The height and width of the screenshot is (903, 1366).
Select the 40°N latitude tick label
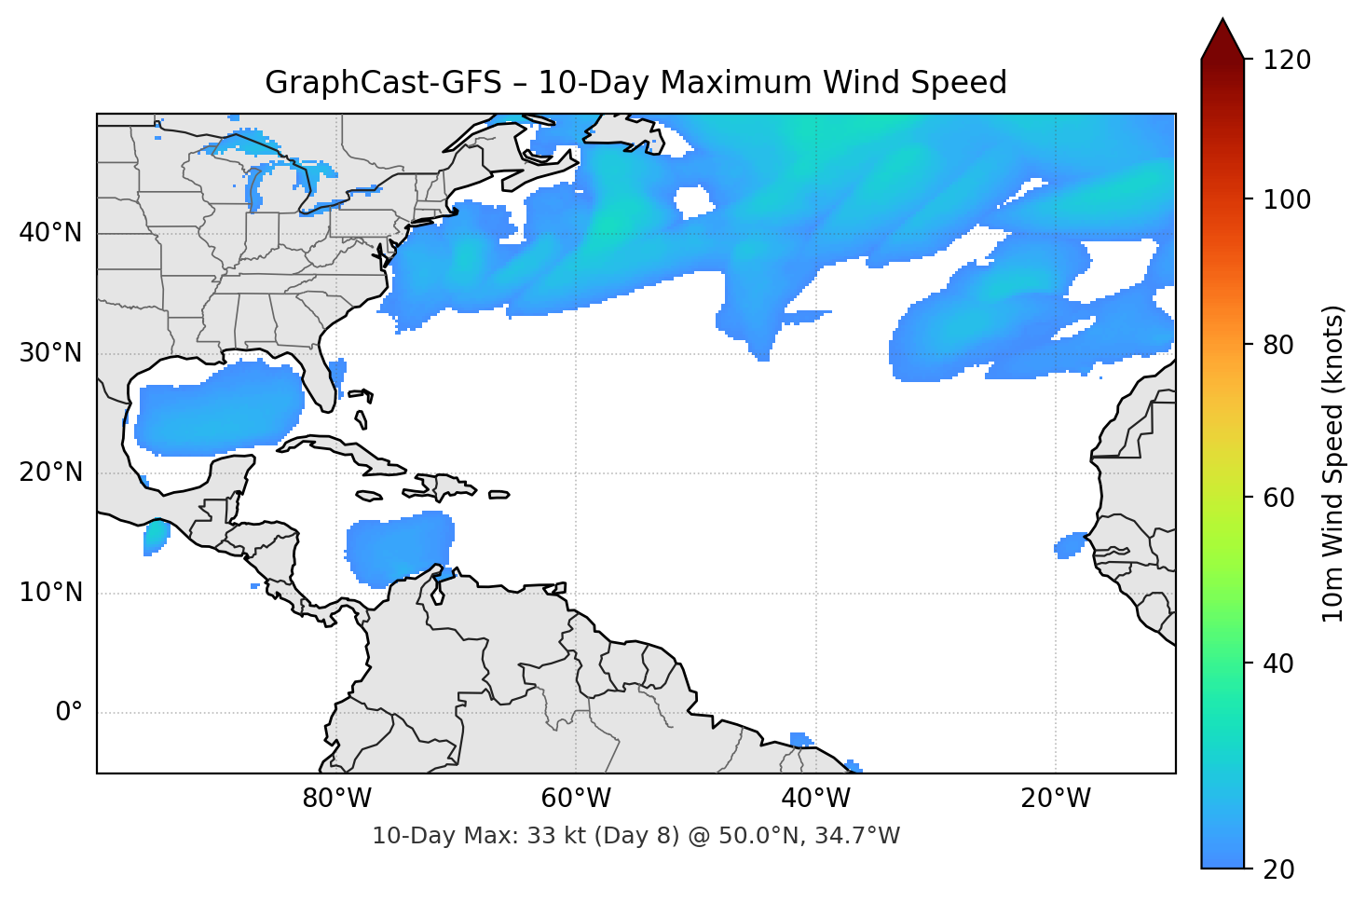(x=50, y=233)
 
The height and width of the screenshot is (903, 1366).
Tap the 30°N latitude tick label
(x=50, y=353)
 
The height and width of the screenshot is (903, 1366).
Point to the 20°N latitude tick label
(x=50, y=472)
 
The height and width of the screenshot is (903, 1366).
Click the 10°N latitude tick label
(x=50, y=593)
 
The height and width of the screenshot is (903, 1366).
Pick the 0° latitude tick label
(x=69, y=713)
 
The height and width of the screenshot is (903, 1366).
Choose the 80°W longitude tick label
(x=337, y=799)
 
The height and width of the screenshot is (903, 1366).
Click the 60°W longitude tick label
(x=576, y=799)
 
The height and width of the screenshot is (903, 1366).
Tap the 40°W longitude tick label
(x=815, y=799)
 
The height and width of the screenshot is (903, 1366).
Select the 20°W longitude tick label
(x=1055, y=799)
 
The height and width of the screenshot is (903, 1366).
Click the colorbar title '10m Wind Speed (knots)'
(x=1333, y=464)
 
